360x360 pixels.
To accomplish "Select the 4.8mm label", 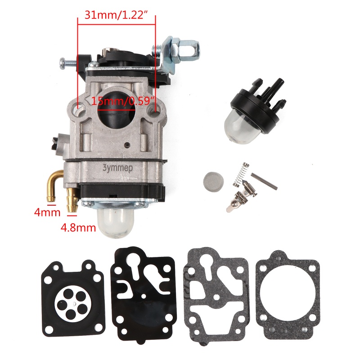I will [78, 227].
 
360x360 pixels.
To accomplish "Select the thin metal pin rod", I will [264, 181].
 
